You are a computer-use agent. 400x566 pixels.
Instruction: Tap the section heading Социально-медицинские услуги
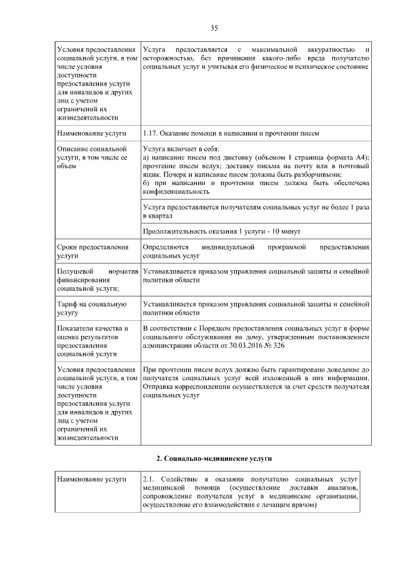tap(213, 458)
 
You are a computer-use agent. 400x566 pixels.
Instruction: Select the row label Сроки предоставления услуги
tap(92, 252)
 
